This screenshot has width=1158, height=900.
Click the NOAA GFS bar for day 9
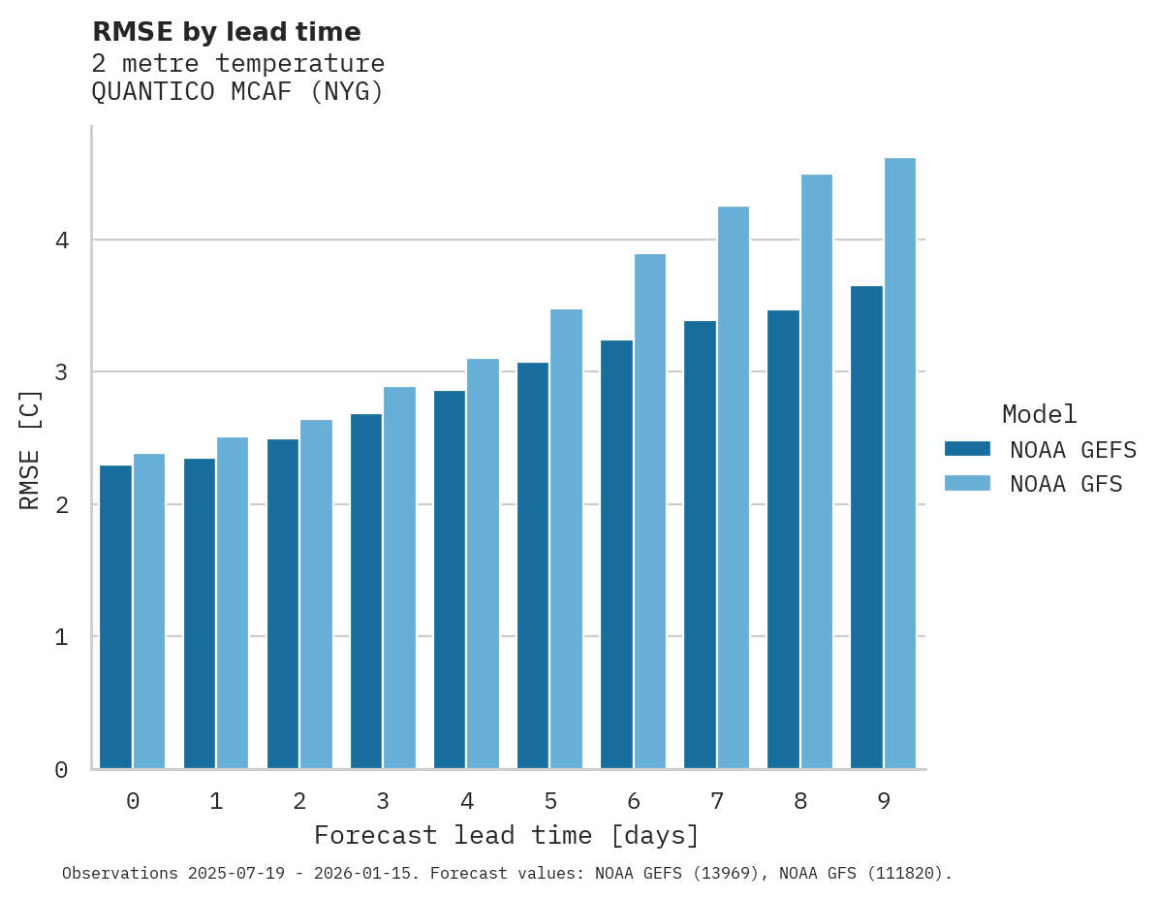pos(900,464)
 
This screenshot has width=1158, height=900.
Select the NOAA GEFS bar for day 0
pos(115,617)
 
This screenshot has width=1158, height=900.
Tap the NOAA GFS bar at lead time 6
pos(650,511)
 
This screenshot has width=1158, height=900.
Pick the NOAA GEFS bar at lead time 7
pos(700,545)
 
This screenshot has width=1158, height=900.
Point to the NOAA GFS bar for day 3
pos(400,578)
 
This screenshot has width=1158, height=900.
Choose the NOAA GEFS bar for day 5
pos(533,565)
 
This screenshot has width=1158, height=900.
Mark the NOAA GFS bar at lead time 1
pos(233,603)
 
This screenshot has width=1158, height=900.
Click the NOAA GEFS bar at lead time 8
pos(783,539)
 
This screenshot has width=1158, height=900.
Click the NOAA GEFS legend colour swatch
pos(967,449)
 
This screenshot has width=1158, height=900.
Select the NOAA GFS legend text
pos(1065,484)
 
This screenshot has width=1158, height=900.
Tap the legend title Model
pos(1039,414)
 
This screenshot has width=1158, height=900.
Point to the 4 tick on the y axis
pos(61,240)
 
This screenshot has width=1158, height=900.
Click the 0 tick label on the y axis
pos(61,770)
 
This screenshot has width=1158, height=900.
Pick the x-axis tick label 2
pos(299,801)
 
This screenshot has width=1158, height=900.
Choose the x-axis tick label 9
pos(884,801)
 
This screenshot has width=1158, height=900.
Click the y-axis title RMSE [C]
pos(31,449)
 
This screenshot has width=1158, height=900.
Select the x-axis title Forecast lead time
pos(506,835)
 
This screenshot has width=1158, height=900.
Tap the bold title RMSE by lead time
pos(226,32)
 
